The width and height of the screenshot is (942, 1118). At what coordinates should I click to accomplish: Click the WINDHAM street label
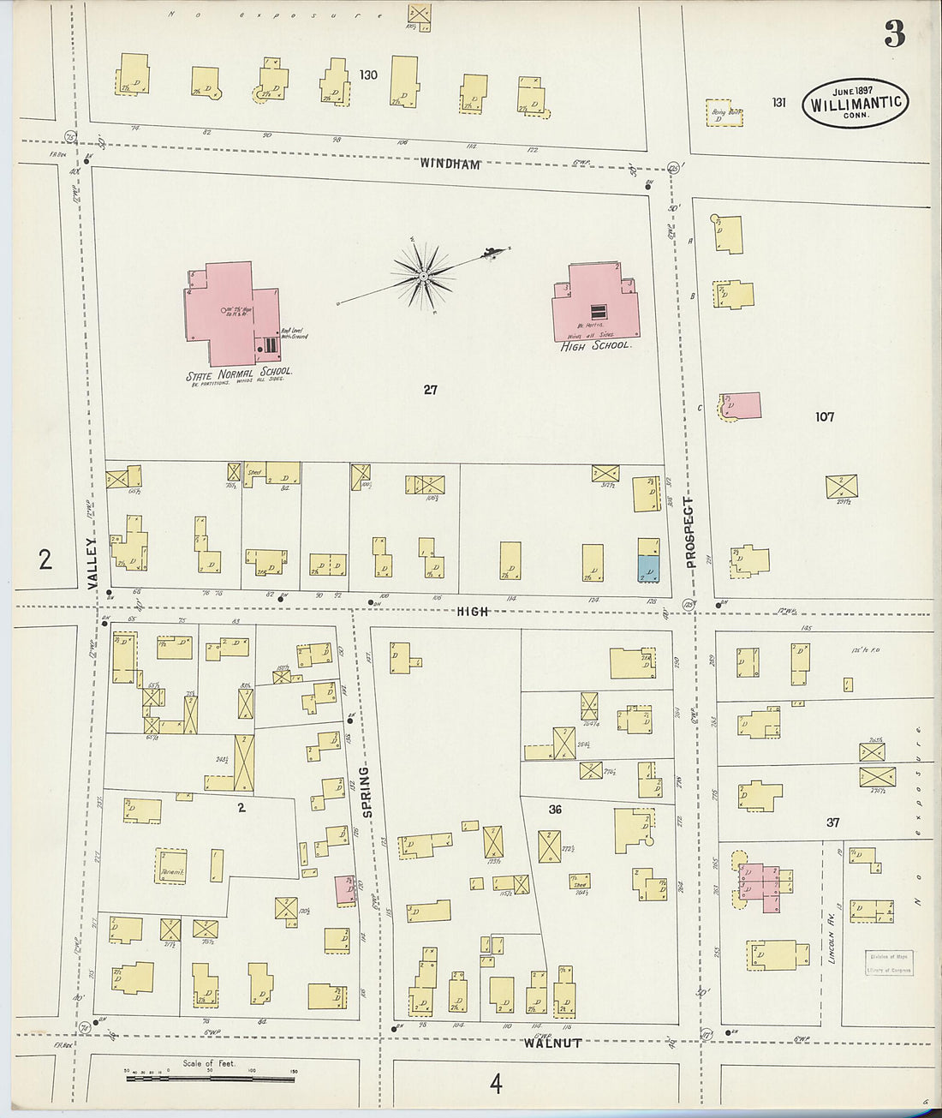(450, 164)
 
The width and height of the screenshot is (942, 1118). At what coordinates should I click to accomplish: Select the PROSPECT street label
(689, 532)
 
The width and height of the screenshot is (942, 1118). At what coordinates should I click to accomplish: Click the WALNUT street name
(552, 1043)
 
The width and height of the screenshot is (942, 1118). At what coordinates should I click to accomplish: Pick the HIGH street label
(472, 611)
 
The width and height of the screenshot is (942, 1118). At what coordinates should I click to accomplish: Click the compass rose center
(423, 276)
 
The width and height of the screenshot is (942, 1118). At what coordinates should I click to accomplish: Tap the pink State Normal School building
(227, 313)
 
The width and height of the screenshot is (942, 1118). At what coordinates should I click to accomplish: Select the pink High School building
(595, 302)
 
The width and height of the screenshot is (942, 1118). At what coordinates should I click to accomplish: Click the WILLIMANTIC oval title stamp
(854, 104)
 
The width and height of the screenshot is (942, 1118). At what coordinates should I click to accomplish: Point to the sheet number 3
(895, 33)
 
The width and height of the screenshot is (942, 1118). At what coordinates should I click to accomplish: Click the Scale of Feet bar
(210, 1078)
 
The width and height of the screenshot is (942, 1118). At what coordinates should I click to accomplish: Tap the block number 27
(430, 390)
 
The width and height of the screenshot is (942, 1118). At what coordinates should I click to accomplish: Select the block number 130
(368, 75)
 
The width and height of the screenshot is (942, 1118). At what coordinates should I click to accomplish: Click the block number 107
(824, 417)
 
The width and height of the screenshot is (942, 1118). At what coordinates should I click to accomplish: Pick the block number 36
(555, 810)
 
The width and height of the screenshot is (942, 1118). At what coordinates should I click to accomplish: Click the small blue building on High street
(648, 569)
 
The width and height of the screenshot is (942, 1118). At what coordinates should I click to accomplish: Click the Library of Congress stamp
(888, 963)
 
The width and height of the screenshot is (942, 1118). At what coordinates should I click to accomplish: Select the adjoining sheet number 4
(495, 1085)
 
